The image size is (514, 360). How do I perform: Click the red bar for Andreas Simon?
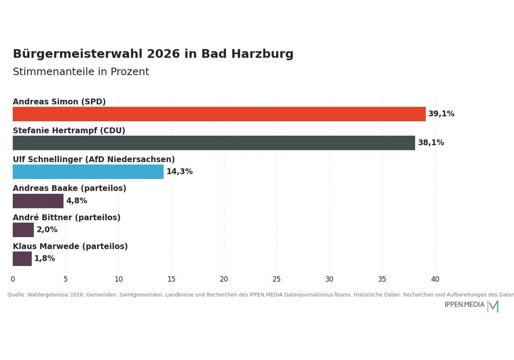coord(219,114)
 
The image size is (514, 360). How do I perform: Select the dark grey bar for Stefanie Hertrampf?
coord(214,143)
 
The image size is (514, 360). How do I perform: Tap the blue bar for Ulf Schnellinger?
coord(88,172)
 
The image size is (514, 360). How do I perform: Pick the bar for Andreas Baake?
coord(38,201)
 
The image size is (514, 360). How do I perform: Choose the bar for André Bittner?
coord(23,230)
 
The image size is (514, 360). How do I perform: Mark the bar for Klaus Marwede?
coord(22,259)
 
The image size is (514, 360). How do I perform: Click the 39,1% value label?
coord(441,114)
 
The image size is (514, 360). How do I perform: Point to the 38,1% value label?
coord(431,142)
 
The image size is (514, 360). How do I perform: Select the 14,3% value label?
coord(179,171)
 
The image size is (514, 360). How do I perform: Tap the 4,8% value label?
coord(77,201)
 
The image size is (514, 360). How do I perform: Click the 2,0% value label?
coord(47,229)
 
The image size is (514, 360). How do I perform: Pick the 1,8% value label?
coord(45,258)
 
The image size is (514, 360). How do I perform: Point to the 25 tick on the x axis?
coord(277,279)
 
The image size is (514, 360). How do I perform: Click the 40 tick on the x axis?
coord(435,279)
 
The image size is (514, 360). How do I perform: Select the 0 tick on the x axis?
coord(13,279)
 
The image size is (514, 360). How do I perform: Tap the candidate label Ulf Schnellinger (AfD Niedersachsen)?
coord(94,159)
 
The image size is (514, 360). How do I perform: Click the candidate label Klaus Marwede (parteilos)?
coord(70,246)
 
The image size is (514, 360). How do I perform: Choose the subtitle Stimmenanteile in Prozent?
coord(81,71)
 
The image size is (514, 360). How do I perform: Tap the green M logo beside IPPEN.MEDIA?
coord(493,306)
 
